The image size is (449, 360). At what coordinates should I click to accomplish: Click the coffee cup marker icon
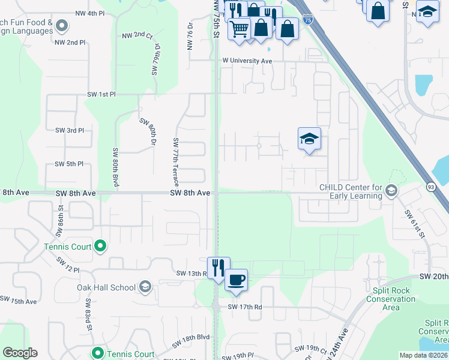(x=237, y=279)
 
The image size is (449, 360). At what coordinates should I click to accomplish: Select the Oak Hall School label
(x=106, y=287)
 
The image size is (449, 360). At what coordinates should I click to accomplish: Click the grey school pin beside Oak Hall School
(x=145, y=287)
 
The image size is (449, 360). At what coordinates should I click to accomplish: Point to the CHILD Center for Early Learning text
(x=351, y=191)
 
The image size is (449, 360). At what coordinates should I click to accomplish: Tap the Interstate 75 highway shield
(x=307, y=20)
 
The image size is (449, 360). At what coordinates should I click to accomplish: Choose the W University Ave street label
(x=247, y=61)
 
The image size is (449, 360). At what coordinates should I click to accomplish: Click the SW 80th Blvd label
(x=114, y=167)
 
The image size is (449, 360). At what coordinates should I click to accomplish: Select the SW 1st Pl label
(x=101, y=95)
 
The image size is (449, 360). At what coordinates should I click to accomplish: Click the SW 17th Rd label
(x=245, y=307)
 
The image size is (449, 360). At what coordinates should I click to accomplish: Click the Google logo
(x=20, y=353)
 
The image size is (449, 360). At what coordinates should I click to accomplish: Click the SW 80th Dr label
(x=148, y=133)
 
